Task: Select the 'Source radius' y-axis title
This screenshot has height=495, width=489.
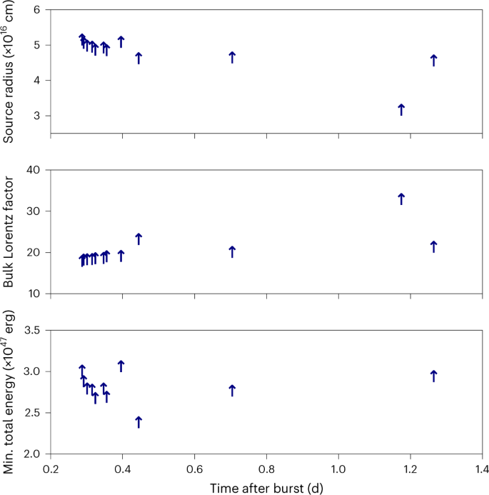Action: point(9,71)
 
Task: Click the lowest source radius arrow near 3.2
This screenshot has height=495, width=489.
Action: point(401,109)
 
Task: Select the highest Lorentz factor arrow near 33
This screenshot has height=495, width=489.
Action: point(401,199)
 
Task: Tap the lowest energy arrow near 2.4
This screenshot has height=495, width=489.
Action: point(138,421)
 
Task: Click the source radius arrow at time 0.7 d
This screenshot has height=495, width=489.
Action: point(232,57)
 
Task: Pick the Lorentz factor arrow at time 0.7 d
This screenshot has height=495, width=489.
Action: point(232,251)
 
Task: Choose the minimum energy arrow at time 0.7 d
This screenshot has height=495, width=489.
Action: point(232,390)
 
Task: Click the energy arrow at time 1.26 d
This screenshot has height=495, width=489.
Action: point(433,376)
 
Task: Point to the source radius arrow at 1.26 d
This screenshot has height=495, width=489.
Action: point(433,60)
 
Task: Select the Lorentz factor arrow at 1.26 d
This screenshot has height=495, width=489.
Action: point(433,246)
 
